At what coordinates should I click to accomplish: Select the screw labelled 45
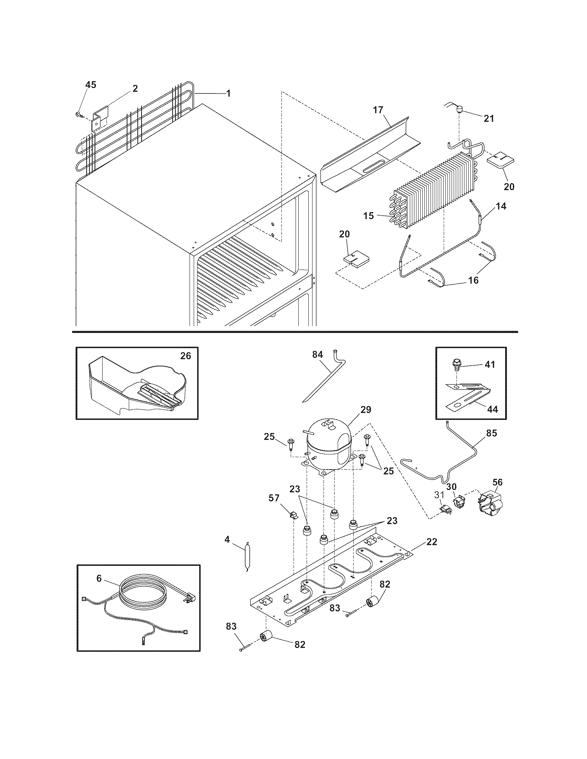pyautogui.click(x=79, y=114)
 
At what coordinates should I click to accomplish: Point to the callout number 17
pyautogui.click(x=378, y=110)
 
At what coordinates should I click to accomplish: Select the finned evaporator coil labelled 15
pyautogui.click(x=435, y=191)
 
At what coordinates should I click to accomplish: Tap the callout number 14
pyautogui.click(x=501, y=206)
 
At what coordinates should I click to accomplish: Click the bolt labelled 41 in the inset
pyautogui.click(x=455, y=365)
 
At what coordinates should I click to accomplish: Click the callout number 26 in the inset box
pyautogui.click(x=185, y=356)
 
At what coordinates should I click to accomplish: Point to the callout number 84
pyautogui.click(x=317, y=354)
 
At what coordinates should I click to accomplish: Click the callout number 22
pyautogui.click(x=431, y=542)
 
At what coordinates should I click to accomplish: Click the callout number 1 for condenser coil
pyautogui.click(x=228, y=93)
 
